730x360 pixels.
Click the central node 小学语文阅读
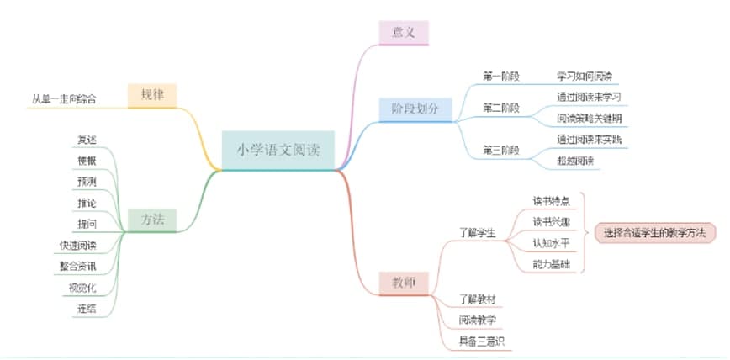pos(278,151)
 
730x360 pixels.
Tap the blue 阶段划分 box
pos(415,109)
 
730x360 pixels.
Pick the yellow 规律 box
pos(152,95)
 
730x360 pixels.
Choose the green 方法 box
pos(152,220)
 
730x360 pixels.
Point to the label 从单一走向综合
pos(64,99)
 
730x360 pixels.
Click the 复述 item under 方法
pos(87,138)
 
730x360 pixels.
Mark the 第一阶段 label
pos(500,77)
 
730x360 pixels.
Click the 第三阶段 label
pos(500,150)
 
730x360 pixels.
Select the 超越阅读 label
pos(575,161)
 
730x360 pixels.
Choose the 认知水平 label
pos(551,244)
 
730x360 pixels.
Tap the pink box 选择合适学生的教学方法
pos(653,232)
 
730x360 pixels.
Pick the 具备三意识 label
pos(481,341)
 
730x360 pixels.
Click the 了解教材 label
pos(477,299)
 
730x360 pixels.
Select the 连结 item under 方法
pos(87,309)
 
